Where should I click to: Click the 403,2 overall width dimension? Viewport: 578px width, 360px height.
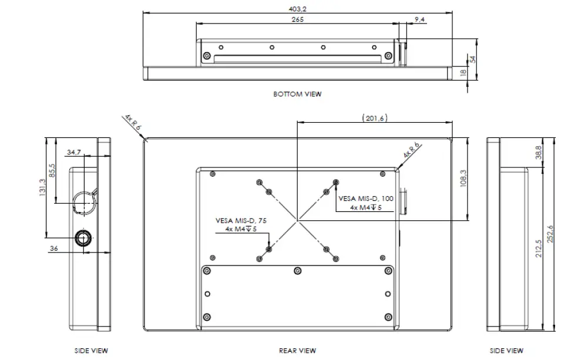(298, 8)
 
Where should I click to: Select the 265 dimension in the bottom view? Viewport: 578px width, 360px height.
(297, 19)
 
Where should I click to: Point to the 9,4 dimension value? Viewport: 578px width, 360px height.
(420, 20)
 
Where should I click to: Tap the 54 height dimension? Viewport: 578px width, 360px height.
(472, 59)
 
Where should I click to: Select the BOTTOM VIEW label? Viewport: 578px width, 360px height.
(297, 94)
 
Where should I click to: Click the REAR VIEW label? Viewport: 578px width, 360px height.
(297, 351)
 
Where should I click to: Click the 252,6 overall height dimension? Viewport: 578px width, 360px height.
(550, 235)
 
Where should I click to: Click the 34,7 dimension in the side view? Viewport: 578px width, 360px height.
(74, 152)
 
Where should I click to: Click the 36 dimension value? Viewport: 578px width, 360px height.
(53, 248)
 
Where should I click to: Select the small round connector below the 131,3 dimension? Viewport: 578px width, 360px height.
(83, 237)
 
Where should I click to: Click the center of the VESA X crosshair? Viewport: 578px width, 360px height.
(297, 220)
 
